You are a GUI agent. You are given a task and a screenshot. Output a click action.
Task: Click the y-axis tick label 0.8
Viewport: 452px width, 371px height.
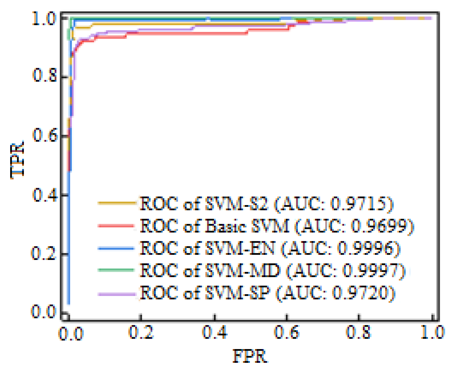point(45,75)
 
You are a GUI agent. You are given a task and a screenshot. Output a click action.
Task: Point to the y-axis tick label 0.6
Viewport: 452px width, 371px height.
point(45,135)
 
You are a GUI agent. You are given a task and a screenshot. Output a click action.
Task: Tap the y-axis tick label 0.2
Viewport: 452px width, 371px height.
point(44,254)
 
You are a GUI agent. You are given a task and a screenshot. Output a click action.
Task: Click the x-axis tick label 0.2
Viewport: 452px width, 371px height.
point(141,332)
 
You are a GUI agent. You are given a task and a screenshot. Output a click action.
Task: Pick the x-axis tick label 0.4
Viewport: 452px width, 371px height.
point(214,332)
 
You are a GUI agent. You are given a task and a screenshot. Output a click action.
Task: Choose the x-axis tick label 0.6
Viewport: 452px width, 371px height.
point(287,332)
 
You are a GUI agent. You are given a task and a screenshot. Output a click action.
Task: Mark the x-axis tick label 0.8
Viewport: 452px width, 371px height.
point(358,332)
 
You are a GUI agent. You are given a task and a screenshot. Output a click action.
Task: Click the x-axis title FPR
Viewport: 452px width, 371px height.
point(250,356)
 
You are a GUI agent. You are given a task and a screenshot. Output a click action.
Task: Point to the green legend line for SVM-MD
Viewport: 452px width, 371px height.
point(116,270)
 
